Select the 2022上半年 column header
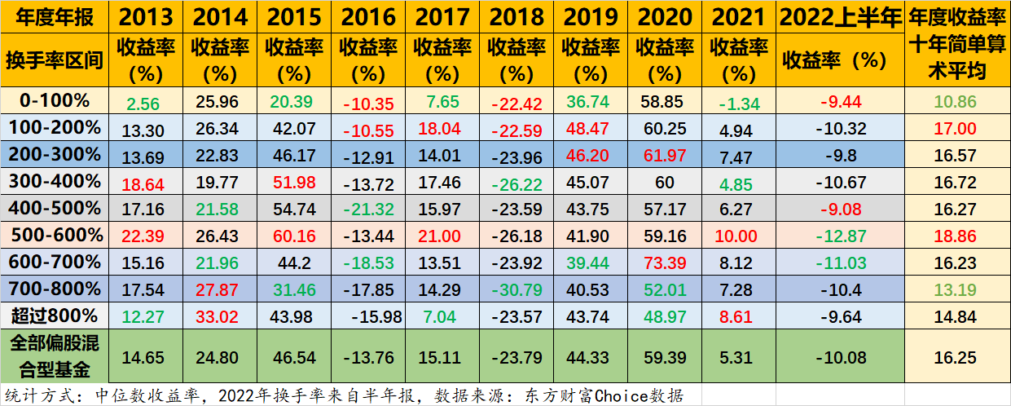coord(840,16)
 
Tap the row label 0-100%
coord(55,100)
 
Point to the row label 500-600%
coord(55,235)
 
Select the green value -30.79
coord(516,290)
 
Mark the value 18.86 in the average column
coord(956,236)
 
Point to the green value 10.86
coord(956,103)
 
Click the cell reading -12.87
coord(840,236)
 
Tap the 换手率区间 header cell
coord(55,60)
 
